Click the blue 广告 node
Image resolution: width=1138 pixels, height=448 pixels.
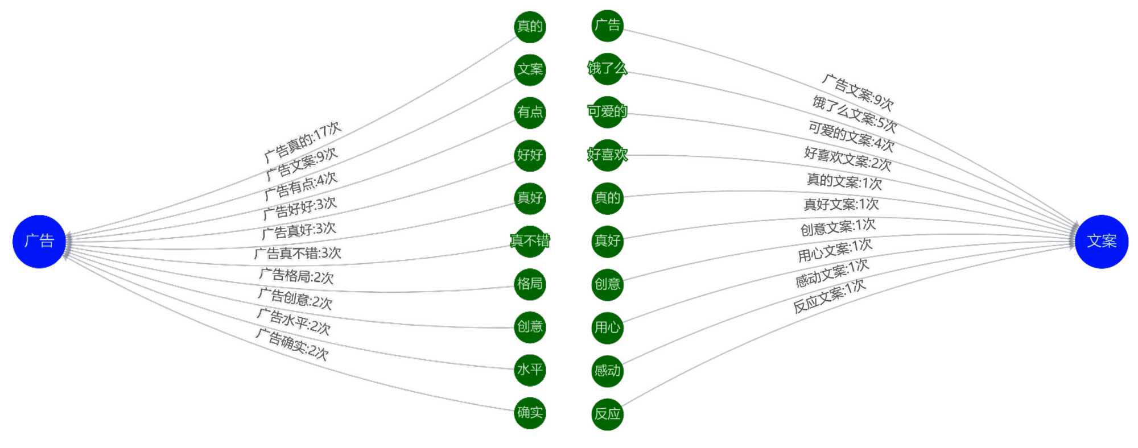coord(39,241)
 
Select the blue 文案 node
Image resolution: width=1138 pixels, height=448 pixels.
coord(1101,241)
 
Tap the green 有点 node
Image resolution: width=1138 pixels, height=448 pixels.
coord(530,112)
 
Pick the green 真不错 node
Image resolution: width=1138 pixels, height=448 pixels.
coord(530,241)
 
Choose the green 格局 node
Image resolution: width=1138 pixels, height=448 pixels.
coord(530,284)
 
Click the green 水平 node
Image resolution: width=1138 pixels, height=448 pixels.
coord(530,370)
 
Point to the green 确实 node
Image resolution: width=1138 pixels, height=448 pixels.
coord(530,413)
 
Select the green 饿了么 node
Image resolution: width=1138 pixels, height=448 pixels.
coord(607,69)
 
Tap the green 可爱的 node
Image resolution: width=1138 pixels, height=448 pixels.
coord(607,111)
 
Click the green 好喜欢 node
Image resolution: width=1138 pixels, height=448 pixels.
coord(607,155)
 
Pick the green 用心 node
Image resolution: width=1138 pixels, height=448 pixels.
coord(607,327)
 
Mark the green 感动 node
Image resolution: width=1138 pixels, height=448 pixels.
coord(607,371)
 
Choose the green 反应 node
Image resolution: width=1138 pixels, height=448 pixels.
coord(607,414)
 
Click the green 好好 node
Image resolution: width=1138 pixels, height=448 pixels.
coord(530,155)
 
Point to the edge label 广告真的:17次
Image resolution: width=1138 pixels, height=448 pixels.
coord(303,141)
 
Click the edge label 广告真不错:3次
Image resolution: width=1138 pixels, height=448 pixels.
coord(297,253)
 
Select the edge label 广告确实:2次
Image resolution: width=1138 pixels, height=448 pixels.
coord(291,345)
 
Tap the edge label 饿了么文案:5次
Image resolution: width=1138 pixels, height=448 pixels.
coord(855,114)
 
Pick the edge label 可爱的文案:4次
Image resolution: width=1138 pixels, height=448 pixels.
coord(851,136)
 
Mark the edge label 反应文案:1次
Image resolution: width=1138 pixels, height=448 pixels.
coord(830,296)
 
